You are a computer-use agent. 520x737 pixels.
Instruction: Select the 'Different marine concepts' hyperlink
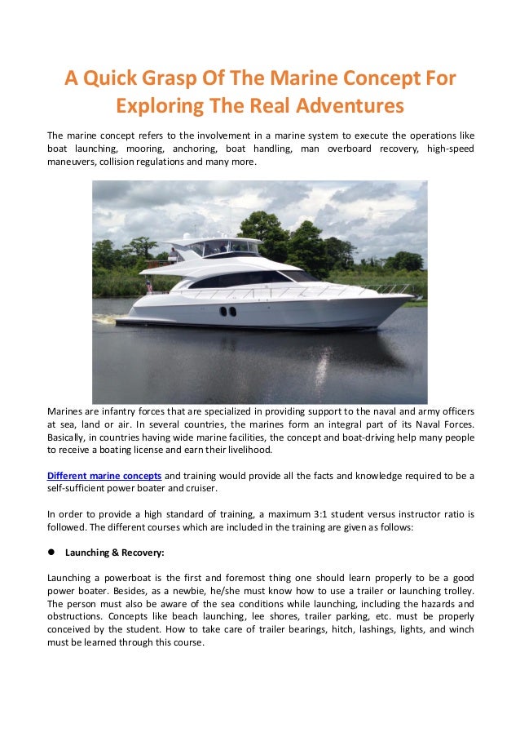point(104,476)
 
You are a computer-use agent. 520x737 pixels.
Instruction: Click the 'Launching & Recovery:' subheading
point(114,552)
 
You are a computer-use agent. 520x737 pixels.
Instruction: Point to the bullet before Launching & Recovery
point(51,552)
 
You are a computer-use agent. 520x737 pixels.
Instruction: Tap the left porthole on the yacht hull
point(223,311)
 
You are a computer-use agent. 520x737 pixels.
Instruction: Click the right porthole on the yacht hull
point(232,311)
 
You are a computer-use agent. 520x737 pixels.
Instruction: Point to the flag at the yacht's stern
point(149,285)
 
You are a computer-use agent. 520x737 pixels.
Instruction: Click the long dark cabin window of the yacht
point(245,280)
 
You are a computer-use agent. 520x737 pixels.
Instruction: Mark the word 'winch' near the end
point(460,630)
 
